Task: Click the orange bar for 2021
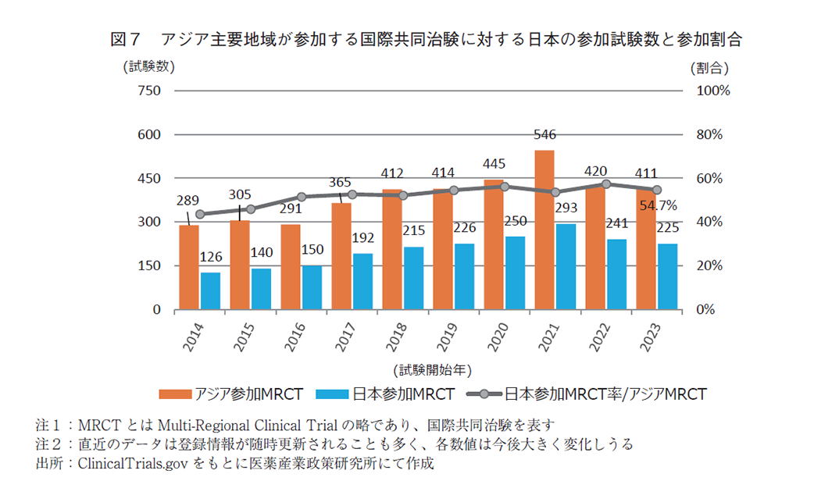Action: pyautogui.click(x=544, y=230)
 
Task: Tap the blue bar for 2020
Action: pyautogui.click(x=515, y=273)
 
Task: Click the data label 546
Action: pyautogui.click(x=544, y=135)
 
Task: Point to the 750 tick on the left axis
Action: pyautogui.click(x=149, y=91)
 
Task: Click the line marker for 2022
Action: pyautogui.click(x=606, y=184)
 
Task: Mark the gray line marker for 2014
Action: pyautogui.click(x=200, y=214)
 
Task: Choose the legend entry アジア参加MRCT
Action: pyautogui.click(x=230, y=394)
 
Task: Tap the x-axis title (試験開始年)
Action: pyautogui.click(x=432, y=368)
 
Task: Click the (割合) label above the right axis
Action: pyautogui.click(x=709, y=67)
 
